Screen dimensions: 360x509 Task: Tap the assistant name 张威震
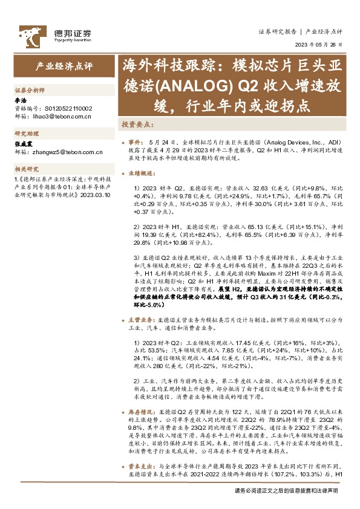[x=24, y=144]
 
